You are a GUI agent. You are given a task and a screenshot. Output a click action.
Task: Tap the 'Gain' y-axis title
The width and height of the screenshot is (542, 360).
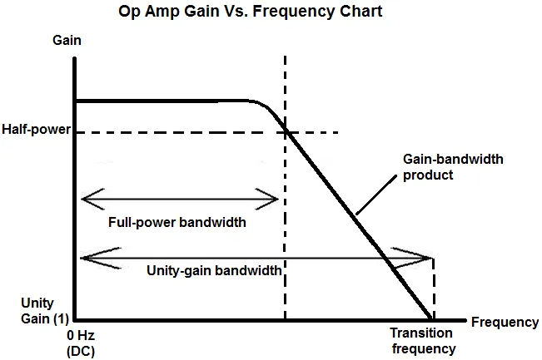[67, 40]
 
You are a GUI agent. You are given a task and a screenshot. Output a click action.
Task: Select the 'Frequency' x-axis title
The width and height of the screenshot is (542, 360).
[505, 322]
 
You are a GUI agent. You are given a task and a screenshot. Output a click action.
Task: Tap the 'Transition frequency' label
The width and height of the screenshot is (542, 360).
[422, 342]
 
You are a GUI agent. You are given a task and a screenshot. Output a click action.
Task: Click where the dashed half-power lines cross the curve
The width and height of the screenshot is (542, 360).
[286, 132]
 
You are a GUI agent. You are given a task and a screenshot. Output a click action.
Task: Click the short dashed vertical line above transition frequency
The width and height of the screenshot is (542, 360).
[434, 287]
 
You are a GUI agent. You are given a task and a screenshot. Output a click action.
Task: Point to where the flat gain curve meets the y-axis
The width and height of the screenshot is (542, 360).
[76, 101]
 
